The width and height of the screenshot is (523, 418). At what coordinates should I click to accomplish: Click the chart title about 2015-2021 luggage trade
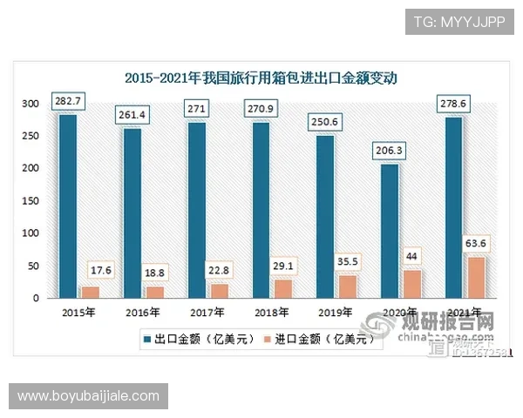click(x=261, y=78)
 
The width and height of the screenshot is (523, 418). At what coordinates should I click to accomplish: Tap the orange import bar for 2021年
click(x=476, y=277)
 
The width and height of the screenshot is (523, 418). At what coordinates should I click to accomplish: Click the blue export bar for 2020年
click(x=390, y=231)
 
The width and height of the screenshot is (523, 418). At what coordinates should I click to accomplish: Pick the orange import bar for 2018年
click(x=282, y=288)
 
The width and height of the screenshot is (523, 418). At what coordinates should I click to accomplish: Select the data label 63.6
click(x=477, y=243)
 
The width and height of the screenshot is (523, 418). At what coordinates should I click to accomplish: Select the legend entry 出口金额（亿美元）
click(x=195, y=340)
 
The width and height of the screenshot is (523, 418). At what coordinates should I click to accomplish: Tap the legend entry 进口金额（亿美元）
click(x=325, y=340)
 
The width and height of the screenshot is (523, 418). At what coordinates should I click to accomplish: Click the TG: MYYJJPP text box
click(x=460, y=21)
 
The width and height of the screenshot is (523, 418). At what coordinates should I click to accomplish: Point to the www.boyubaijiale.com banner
click(x=90, y=396)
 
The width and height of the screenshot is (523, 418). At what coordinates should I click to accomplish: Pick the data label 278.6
click(x=454, y=104)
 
